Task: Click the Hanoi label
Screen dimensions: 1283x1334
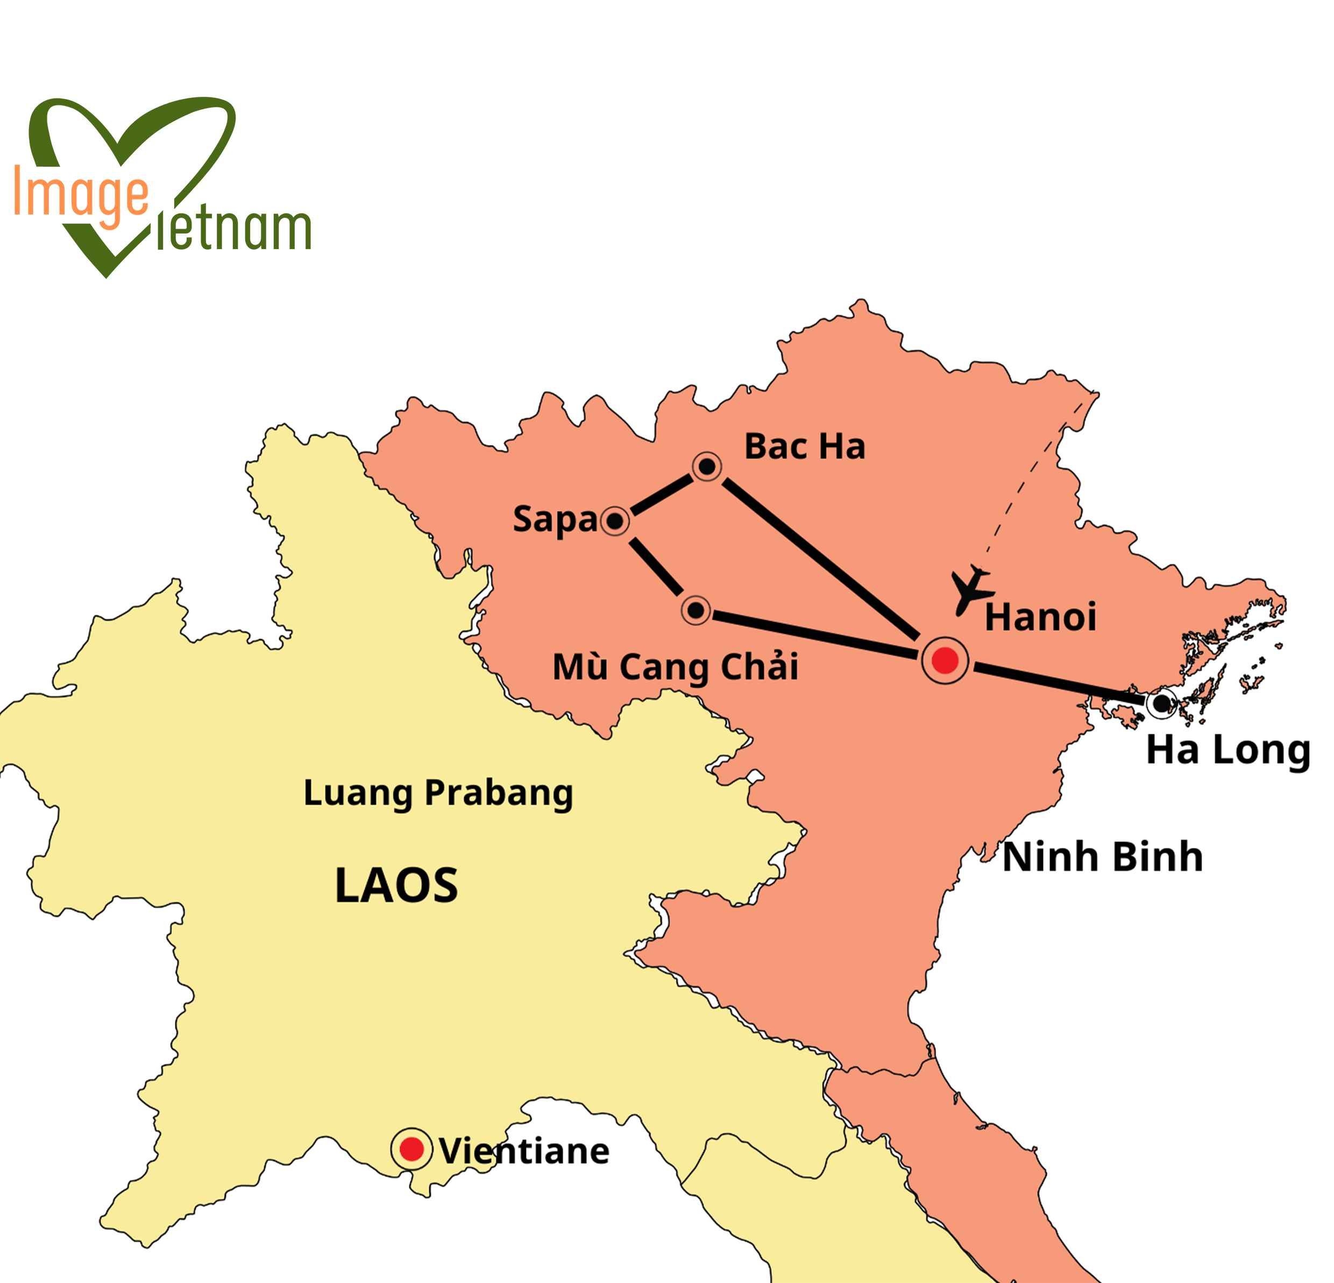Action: coord(1040,618)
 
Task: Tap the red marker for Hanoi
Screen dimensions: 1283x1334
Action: coord(945,660)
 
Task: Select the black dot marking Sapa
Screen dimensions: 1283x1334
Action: coord(615,521)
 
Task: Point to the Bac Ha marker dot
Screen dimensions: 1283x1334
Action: coord(707,467)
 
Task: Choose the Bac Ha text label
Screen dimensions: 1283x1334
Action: coord(805,447)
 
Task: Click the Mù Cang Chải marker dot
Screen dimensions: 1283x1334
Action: coord(696,610)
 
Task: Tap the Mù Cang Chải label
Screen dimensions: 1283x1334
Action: coord(675,667)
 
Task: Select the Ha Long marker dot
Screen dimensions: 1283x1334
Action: coord(1161,703)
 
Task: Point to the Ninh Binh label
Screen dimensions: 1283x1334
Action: coord(1103,856)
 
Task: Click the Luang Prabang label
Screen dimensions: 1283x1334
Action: coord(438,793)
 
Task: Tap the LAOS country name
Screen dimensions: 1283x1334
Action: coord(396,885)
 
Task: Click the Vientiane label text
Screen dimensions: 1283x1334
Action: coord(524,1152)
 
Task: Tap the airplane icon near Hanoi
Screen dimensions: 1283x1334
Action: coord(969,590)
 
